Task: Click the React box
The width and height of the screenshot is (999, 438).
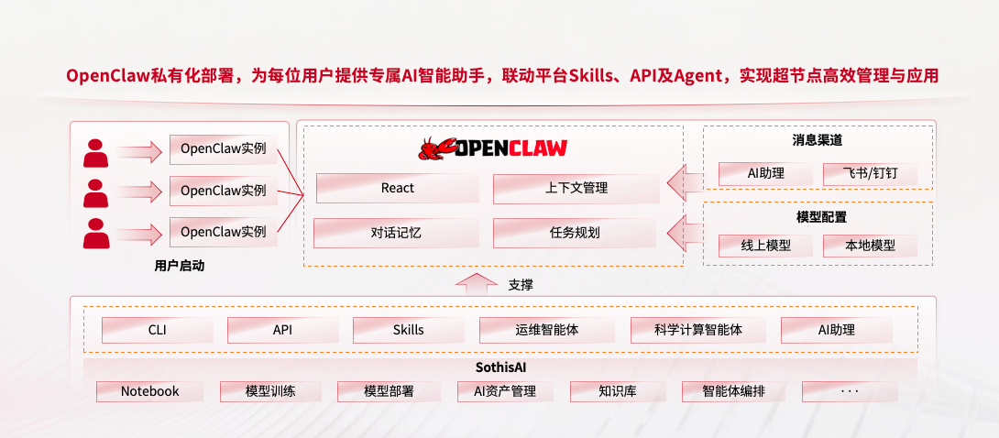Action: tap(397, 188)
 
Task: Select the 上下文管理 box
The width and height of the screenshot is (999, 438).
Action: tap(576, 189)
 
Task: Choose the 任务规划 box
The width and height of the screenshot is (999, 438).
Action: tap(575, 233)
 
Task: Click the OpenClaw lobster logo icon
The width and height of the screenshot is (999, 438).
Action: tap(436, 148)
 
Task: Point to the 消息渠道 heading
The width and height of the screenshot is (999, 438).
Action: tap(818, 140)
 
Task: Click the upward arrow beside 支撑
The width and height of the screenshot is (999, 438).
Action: tap(473, 284)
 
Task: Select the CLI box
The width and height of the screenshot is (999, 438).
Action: tap(157, 330)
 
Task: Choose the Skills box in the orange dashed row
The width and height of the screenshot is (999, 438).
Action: tap(408, 330)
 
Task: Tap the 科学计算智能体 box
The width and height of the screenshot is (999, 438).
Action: tap(697, 330)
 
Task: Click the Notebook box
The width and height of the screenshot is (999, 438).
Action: tap(149, 391)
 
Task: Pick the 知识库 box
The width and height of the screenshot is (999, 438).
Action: tap(617, 391)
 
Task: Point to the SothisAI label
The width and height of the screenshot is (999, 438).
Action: tap(500, 367)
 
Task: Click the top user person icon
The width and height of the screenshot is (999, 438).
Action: tap(95, 152)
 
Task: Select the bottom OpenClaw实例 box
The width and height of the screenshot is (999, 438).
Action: tap(223, 232)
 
